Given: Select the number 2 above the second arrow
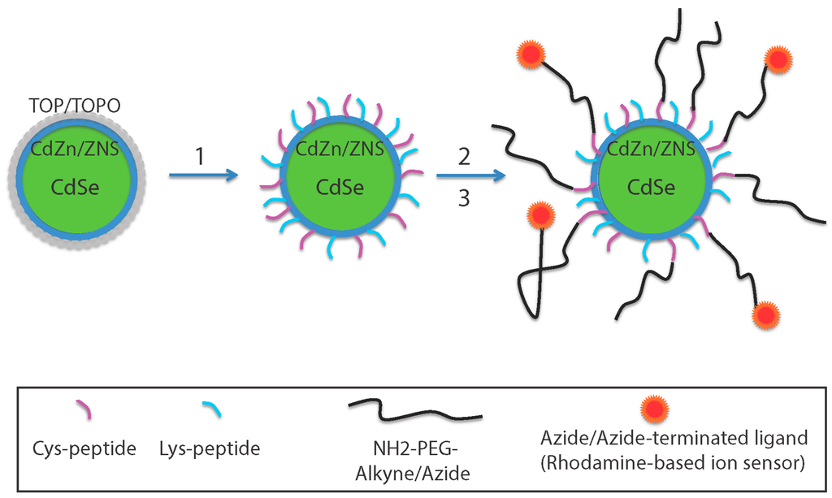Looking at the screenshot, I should coord(464,156).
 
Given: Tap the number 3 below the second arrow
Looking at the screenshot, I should coord(464,197).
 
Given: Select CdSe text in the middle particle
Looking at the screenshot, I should coord(340,188).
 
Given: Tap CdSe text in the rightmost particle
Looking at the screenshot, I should coord(652,187).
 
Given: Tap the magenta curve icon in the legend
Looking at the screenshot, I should coord(84,410).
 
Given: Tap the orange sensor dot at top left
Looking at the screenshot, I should coord(531,54).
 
